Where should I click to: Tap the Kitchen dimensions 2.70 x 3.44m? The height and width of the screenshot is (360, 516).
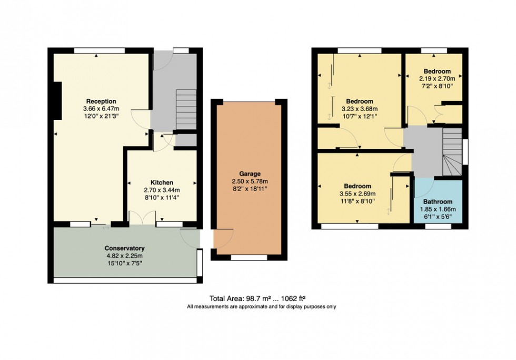(x=162, y=190)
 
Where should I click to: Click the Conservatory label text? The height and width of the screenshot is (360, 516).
(x=124, y=248)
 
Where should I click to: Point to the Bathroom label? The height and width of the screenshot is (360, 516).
(x=438, y=202)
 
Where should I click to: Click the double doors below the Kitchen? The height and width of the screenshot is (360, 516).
(x=143, y=217)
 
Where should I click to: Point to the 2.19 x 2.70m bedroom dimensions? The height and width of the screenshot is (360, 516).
(x=436, y=78)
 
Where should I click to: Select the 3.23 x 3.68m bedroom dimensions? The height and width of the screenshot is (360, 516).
(x=360, y=109)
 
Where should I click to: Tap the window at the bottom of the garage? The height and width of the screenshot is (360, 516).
(x=249, y=258)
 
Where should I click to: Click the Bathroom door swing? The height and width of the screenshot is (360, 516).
(x=424, y=187)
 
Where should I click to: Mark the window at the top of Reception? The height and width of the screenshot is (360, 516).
(x=99, y=50)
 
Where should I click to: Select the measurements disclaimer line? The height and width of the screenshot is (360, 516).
(x=261, y=306)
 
